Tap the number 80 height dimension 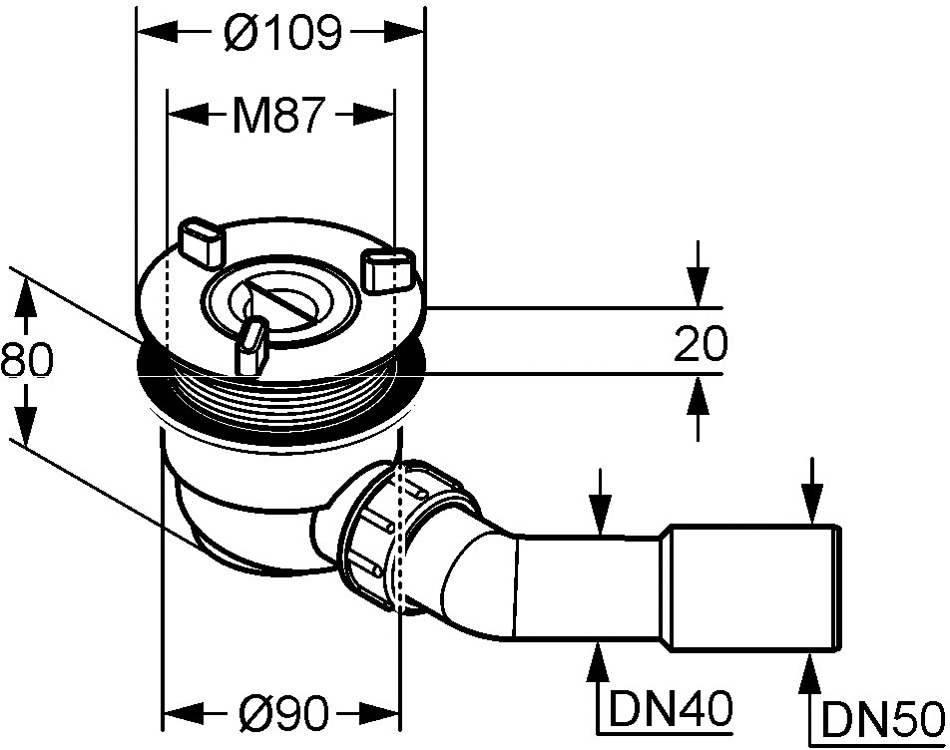[26, 361]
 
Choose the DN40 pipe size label [671, 708]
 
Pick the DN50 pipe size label [884, 720]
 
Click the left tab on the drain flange [200, 242]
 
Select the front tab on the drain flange [252, 347]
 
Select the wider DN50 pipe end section [754, 588]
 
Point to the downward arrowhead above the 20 [698, 291]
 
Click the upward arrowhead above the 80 [24, 298]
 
